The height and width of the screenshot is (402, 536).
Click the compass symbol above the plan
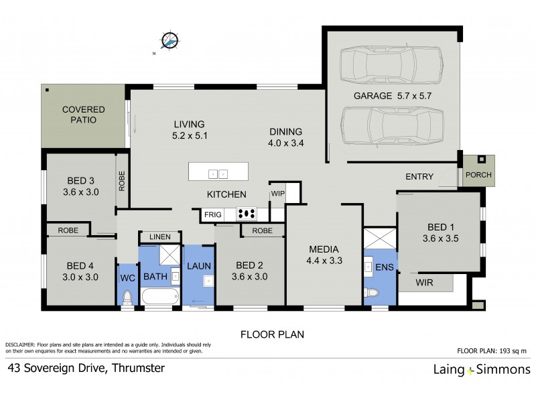tap(170, 41)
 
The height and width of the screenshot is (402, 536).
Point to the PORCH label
tap(478, 176)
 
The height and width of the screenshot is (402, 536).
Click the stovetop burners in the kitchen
tap(247, 215)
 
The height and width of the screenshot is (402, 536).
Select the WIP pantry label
tap(278, 194)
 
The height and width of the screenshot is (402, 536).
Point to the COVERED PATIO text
tap(80, 115)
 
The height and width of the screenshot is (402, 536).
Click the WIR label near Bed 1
tap(425, 283)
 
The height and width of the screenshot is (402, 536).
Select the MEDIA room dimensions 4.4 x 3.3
tap(325, 261)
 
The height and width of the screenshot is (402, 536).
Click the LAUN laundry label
tap(198, 266)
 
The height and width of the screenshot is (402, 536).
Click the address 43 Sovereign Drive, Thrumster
tap(86, 368)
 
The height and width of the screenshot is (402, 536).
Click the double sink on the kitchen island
tap(218, 173)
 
